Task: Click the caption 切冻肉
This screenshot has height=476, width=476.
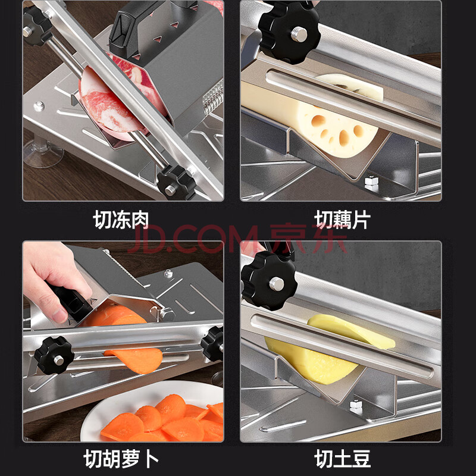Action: [x=121, y=219]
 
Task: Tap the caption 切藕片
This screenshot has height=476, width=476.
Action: [x=342, y=219]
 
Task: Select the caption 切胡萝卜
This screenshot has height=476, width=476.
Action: [x=121, y=458]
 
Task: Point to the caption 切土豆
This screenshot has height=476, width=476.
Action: [x=342, y=458]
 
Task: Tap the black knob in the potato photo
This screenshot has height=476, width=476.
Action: [x=269, y=281]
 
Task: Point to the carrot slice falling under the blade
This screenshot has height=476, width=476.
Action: [x=137, y=359]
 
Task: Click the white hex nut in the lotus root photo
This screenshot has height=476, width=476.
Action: [x=371, y=184]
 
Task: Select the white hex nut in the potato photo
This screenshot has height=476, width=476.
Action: [x=355, y=407]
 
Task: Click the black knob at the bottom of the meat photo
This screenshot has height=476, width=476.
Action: [x=176, y=183]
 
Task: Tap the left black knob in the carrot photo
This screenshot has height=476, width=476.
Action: [x=54, y=355]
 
